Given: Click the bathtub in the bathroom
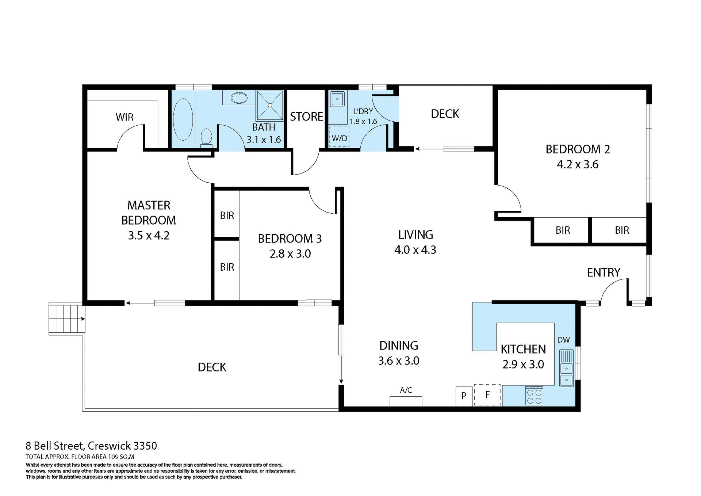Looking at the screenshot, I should (183, 119).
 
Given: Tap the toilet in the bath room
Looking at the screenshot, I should (207, 138).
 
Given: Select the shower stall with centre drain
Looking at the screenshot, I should (270, 105).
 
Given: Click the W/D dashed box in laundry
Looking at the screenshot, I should (339, 137).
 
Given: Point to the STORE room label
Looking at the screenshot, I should (306, 117).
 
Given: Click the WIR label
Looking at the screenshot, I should (125, 117).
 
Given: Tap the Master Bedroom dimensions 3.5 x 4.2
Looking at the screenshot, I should (149, 236).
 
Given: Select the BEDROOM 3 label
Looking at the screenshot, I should (290, 239).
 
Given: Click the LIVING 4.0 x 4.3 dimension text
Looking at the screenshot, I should (415, 250).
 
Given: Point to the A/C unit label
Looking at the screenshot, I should (406, 390).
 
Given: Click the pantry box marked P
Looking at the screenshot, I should (464, 396).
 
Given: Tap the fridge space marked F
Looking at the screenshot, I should (487, 395).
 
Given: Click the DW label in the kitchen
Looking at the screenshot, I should (563, 340).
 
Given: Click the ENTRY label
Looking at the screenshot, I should (603, 272).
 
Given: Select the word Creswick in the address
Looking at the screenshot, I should (110, 446).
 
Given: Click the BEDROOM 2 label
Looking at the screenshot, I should (577, 149).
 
